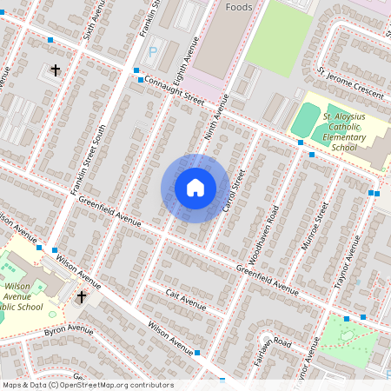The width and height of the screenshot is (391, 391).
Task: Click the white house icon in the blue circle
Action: click(195, 188)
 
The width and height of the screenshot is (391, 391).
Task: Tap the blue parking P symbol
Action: click(153, 52)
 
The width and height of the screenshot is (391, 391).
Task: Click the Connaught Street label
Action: click(170, 91)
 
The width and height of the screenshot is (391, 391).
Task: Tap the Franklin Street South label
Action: click(89, 156)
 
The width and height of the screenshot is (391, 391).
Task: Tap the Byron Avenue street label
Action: click(68, 331)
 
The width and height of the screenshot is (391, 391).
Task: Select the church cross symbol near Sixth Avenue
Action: click(56, 70)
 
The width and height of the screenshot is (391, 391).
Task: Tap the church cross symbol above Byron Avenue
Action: click(82, 297)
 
